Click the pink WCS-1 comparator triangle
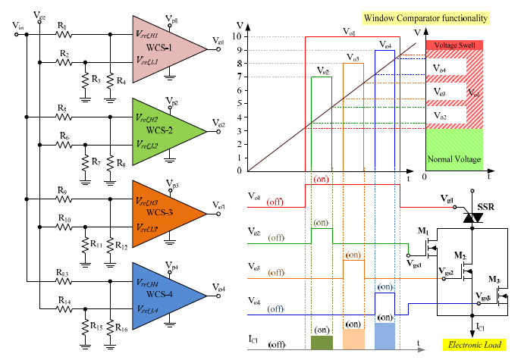163,47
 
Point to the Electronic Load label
475,346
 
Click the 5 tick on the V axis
240,103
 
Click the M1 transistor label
423,230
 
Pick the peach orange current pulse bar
353,336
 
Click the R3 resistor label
96,79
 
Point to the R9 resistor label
62,192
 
